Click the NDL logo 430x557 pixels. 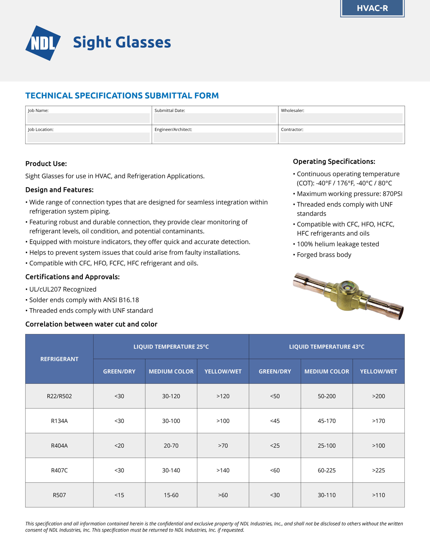tap(43, 43)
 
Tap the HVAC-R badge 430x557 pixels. tap(372, 8)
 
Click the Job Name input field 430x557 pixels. tap(88, 118)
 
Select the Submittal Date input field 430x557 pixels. tap(215, 118)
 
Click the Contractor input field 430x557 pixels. tap(341, 138)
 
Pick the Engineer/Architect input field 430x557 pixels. tap(215, 138)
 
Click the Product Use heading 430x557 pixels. tap(46, 164)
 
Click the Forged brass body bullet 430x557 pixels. tap(324, 255)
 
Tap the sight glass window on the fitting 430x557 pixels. tap(346, 287)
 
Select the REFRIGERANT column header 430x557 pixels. tap(59, 359)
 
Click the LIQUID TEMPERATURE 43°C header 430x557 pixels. tap(327, 347)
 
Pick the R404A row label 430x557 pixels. tap(59, 446)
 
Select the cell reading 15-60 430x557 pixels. tap(171, 495)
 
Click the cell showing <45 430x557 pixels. tap(275, 421)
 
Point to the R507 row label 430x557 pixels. tap(59, 495)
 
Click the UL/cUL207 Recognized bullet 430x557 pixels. tap(63, 289)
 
